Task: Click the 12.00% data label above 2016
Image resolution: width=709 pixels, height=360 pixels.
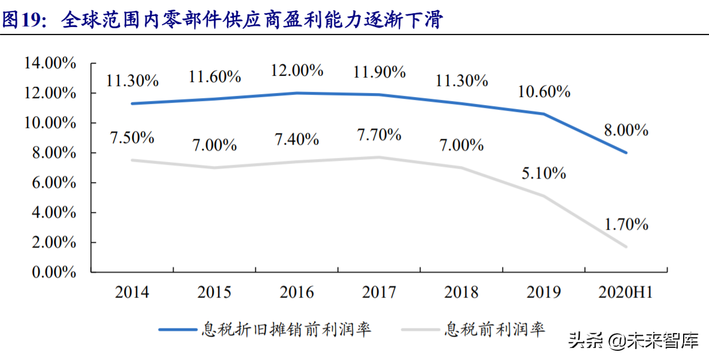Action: [x=296, y=71]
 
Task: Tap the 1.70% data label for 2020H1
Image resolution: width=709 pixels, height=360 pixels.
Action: [x=626, y=224]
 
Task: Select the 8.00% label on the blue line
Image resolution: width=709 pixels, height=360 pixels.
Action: [x=626, y=130]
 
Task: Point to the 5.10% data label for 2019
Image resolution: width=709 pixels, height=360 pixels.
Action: [x=544, y=173]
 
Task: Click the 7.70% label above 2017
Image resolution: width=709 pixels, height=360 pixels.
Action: [x=379, y=135]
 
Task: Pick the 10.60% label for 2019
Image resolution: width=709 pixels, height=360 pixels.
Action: [x=544, y=91]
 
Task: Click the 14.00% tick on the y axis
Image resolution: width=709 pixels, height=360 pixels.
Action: [x=50, y=63]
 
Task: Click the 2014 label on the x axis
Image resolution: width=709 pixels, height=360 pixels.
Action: [x=132, y=292]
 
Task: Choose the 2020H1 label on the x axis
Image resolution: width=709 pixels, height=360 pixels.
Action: [x=626, y=292]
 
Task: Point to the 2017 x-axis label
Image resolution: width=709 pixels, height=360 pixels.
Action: [x=379, y=292]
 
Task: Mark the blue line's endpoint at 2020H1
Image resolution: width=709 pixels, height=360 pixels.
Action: [x=626, y=153]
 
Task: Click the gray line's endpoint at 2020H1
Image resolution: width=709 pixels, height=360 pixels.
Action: [x=626, y=247]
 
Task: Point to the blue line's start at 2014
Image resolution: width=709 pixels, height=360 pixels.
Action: [x=132, y=103]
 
